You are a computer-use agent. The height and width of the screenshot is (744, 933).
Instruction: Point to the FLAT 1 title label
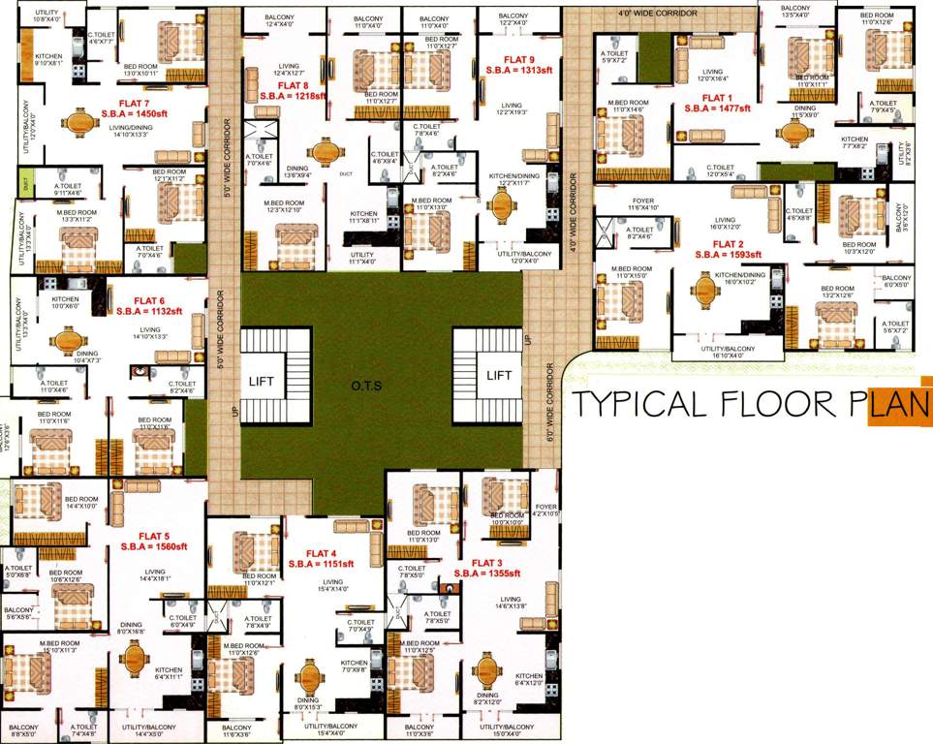[x=717, y=98]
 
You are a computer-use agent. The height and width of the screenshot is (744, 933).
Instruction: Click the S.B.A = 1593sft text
[x=729, y=255]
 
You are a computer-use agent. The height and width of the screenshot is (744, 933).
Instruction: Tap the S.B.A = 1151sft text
[x=321, y=564]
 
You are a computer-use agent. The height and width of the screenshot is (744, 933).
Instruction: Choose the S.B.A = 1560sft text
[x=154, y=547]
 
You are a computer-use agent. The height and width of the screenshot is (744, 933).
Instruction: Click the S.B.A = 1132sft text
[x=149, y=312]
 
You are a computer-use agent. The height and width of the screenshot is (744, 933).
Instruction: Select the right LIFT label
[x=499, y=375]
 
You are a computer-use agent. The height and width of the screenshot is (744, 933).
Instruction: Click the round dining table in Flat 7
[x=78, y=123]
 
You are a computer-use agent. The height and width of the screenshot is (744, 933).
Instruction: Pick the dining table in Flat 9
[x=503, y=203]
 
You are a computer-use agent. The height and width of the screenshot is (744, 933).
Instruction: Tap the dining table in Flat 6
[x=67, y=341]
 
